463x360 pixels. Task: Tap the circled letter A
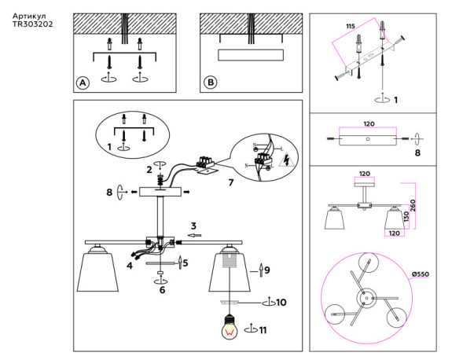tap(82, 83)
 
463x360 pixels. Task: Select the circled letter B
tap(210, 83)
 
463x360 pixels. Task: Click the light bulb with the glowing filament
tap(230, 328)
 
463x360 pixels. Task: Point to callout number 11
tap(263, 330)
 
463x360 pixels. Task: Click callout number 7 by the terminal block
tap(230, 183)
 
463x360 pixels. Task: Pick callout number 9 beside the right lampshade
tap(267, 270)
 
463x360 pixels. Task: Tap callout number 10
tap(281, 302)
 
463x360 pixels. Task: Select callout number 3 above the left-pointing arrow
tap(193, 226)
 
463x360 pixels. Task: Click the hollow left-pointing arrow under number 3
tap(194, 235)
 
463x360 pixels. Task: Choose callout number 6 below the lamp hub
tap(162, 290)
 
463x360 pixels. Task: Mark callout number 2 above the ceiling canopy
tap(149, 168)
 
